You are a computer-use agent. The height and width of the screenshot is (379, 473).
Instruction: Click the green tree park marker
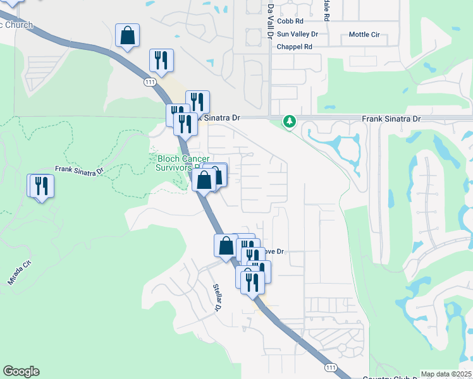point(290,120)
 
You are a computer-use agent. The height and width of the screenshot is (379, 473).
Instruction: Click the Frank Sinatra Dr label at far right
point(391,118)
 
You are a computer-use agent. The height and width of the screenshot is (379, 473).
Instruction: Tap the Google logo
point(21,371)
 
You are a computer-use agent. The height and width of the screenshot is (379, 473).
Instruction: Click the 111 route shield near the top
point(149,82)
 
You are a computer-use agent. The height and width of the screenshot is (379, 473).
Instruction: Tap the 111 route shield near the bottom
point(330,367)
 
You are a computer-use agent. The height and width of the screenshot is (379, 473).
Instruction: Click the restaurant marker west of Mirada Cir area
point(41,186)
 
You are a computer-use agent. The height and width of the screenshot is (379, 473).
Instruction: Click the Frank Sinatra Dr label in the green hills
point(79,170)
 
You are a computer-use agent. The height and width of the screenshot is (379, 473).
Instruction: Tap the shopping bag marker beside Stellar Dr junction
point(226,246)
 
